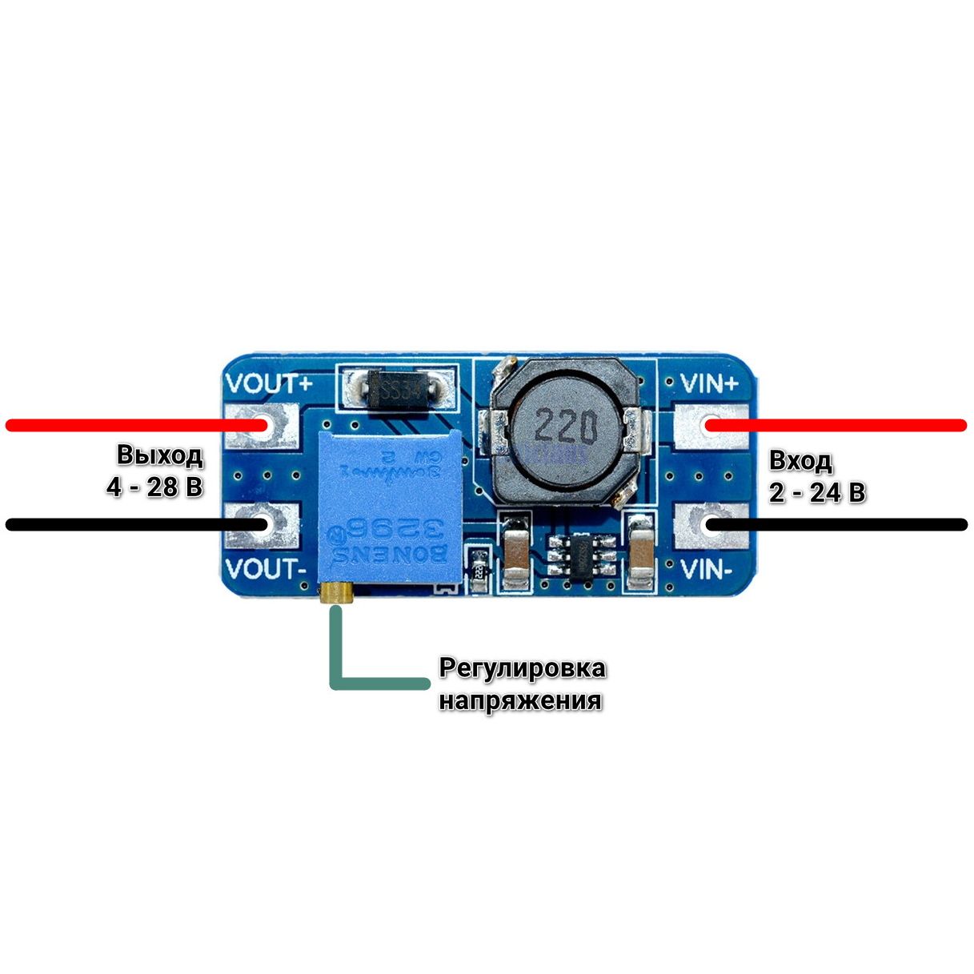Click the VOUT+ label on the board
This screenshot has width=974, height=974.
pyautogui.click(x=268, y=384)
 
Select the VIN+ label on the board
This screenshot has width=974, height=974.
pyautogui.click(x=709, y=384)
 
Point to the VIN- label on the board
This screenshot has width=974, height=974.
pyautogui.click(x=706, y=569)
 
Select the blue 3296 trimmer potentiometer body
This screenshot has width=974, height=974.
pyautogui.click(x=390, y=504)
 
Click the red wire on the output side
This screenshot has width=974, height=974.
pyautogui.click(x=120, y=425)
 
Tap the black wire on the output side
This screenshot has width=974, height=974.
pyautogui.click(x=120, y=525)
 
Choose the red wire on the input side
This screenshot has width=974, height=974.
pyautogui.click(x=848, y=425)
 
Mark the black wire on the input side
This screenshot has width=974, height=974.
pyautogui.click(x=848, y=525)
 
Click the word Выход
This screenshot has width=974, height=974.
pyautogui.click(x=160, y=455)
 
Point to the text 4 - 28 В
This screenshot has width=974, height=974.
pyautogui.click(x=155, y=487)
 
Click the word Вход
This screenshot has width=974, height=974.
pyautogui.click(x=801, y=461)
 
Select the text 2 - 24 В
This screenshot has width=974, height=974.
pyautogui.click(x=817, y=493)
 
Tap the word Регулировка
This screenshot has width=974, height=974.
pyautogui.click(x=522, y=667)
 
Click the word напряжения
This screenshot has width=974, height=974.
pyautogui.click(x=520, y=700)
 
